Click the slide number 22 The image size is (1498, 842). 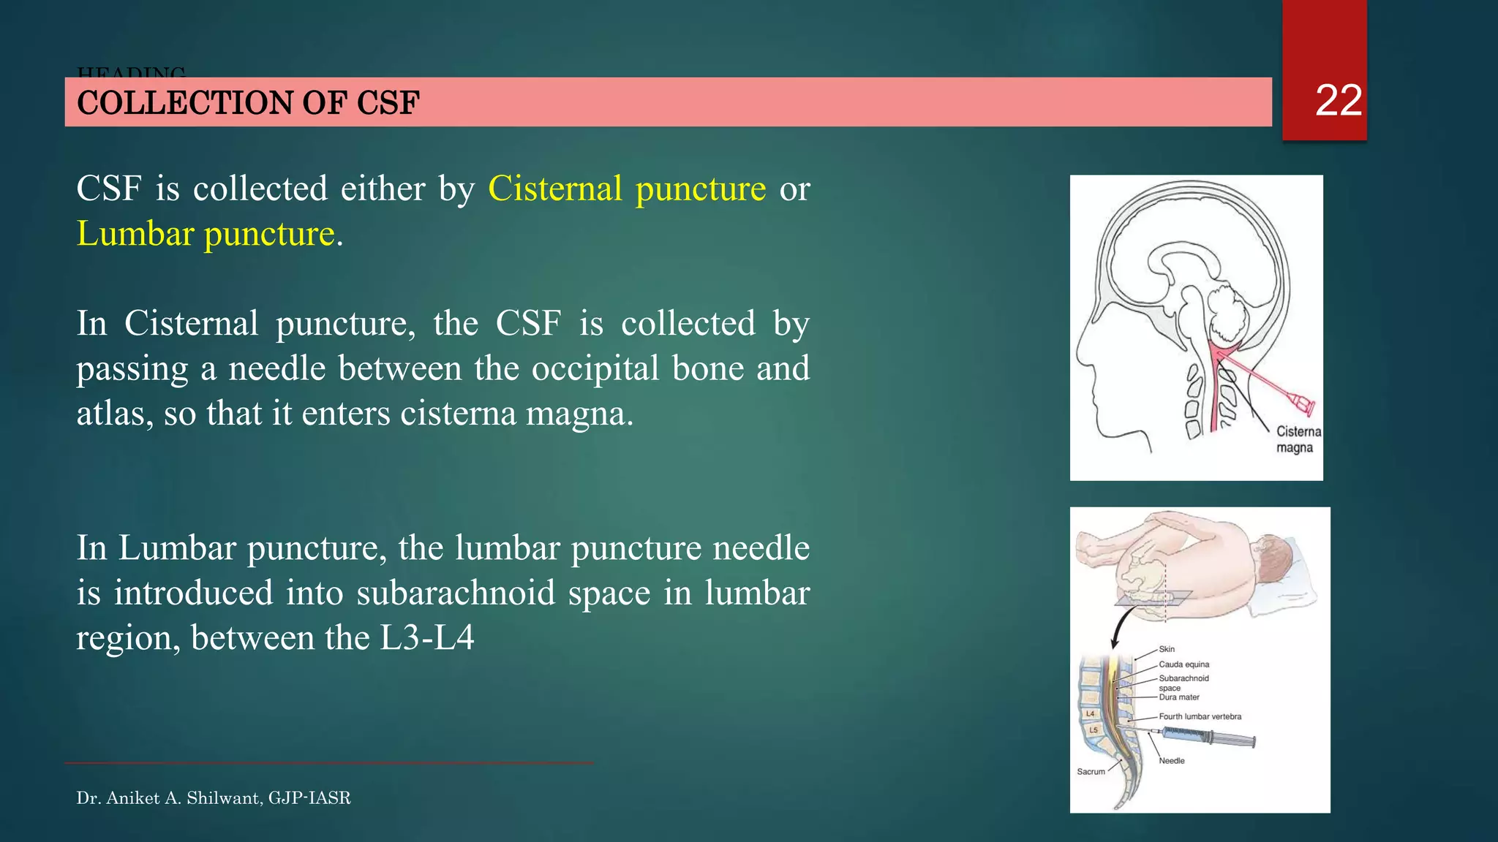click(x=1338, y=100)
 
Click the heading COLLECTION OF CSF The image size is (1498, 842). click(x=248, y=102)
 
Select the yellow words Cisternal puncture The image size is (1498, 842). click(x=627, y=189)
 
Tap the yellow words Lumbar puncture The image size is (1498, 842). click(x=206, y=234)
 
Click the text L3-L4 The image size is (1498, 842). click(x=427, y=637)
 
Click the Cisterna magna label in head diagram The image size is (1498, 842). click(x=1298, y=439)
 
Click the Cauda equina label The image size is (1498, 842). click(x=1183, y=664)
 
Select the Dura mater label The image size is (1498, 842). click(x=1178, y=697)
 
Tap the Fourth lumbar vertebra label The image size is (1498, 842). click(x=1200, y=716)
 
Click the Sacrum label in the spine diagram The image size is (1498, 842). click(x=1091, y=772)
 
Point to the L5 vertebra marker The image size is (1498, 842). click(x=1094, y=729)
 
